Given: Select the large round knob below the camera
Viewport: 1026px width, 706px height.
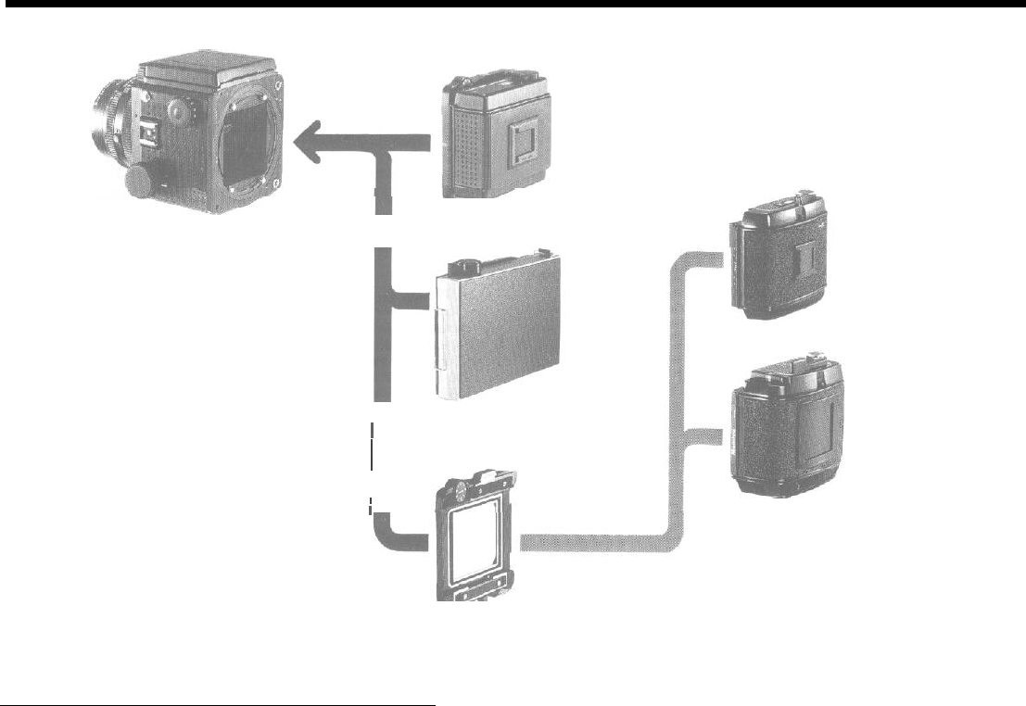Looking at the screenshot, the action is click(143, 182).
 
